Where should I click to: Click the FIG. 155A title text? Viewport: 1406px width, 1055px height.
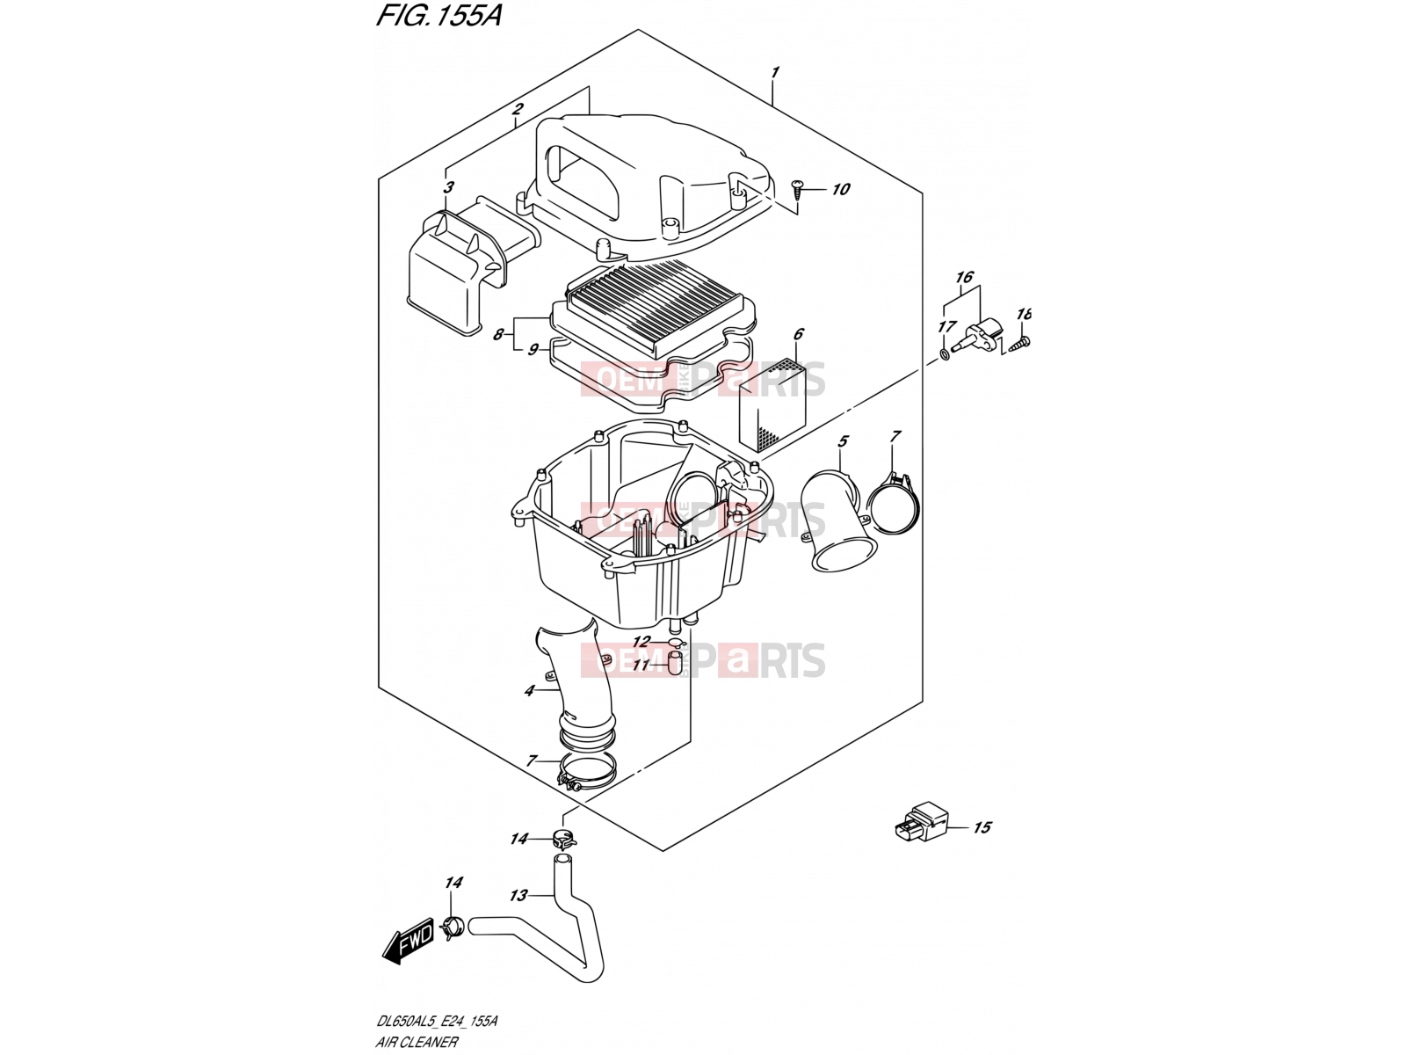point(438,16)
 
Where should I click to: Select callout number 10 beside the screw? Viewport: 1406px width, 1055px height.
point(840,189)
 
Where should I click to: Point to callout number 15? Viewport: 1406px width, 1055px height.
point(982,827)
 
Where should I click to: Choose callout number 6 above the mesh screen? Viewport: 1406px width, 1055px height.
point(798,334)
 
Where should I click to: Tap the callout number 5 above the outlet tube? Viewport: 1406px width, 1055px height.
point(843,441)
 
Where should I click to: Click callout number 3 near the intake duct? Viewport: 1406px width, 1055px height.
point(448,187)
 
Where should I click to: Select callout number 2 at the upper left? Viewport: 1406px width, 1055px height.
point(518,110)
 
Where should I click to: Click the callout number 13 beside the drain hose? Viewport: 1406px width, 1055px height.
point(518,895)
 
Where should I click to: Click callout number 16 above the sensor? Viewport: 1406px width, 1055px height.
point(963,277)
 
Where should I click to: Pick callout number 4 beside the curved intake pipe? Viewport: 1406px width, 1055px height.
point(528,690)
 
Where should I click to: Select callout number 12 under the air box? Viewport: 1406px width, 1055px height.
point(641,642)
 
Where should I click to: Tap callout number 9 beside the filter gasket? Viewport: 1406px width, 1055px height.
point(533,351)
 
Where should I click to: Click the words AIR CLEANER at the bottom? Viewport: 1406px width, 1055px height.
point(417,1042)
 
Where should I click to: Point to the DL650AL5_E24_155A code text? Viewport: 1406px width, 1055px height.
point(436,1021)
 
